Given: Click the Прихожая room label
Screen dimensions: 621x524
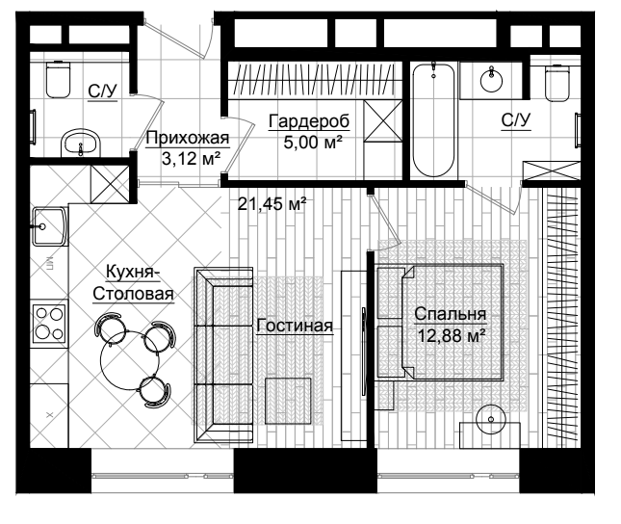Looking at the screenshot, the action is click(x=188, y=139).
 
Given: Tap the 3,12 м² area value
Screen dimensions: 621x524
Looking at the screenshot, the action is click(x=192, y=159).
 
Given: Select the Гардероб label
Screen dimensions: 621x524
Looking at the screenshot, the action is click(x=309, y=121).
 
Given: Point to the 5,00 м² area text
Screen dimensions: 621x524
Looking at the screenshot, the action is click(x=313, y=142).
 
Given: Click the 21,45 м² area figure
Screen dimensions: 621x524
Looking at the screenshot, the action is click(x=272, y=204).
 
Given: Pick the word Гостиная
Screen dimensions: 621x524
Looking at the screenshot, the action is click(x=295, y=326).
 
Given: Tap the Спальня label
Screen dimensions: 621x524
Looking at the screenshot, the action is click(x=451, y=313).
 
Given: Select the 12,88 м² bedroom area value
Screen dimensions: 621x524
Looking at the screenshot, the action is click(x=452, y=336).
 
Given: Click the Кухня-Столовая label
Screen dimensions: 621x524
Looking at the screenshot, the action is click(x=133, y=283).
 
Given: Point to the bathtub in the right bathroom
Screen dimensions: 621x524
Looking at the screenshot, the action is click(x=433, y=119).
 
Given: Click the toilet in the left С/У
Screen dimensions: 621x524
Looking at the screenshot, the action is click(x=58, y=79).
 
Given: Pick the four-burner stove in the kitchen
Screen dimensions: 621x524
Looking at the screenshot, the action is click(x=49, y=323).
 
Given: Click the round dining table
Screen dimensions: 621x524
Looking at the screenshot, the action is click(x=130, y=360).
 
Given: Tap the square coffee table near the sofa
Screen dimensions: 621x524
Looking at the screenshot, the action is click(x=288, y=401).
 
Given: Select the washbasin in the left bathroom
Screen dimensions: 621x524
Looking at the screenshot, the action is click(x=81, y=144).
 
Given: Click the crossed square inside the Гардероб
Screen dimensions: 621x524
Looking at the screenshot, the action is click(x=382, y=120).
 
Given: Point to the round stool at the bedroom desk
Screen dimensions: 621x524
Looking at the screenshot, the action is click(x=491, y=419).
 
